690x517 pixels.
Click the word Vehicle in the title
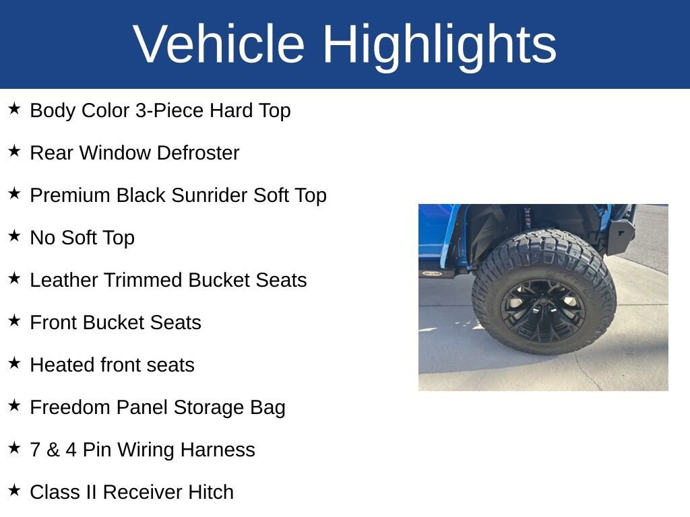coord(219,44)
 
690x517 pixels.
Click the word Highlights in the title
coord(439,44)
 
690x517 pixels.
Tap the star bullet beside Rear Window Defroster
coord(15,151)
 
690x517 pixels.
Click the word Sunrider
coord(210,195)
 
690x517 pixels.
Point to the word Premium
coord(71,195)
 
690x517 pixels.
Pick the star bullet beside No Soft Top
coord(15,236)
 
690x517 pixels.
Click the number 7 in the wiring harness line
coord(35,450)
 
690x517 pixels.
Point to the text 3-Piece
coord(169,110)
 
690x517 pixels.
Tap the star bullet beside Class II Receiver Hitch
coord(15,491)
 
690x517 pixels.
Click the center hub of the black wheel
coord(542,309)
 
